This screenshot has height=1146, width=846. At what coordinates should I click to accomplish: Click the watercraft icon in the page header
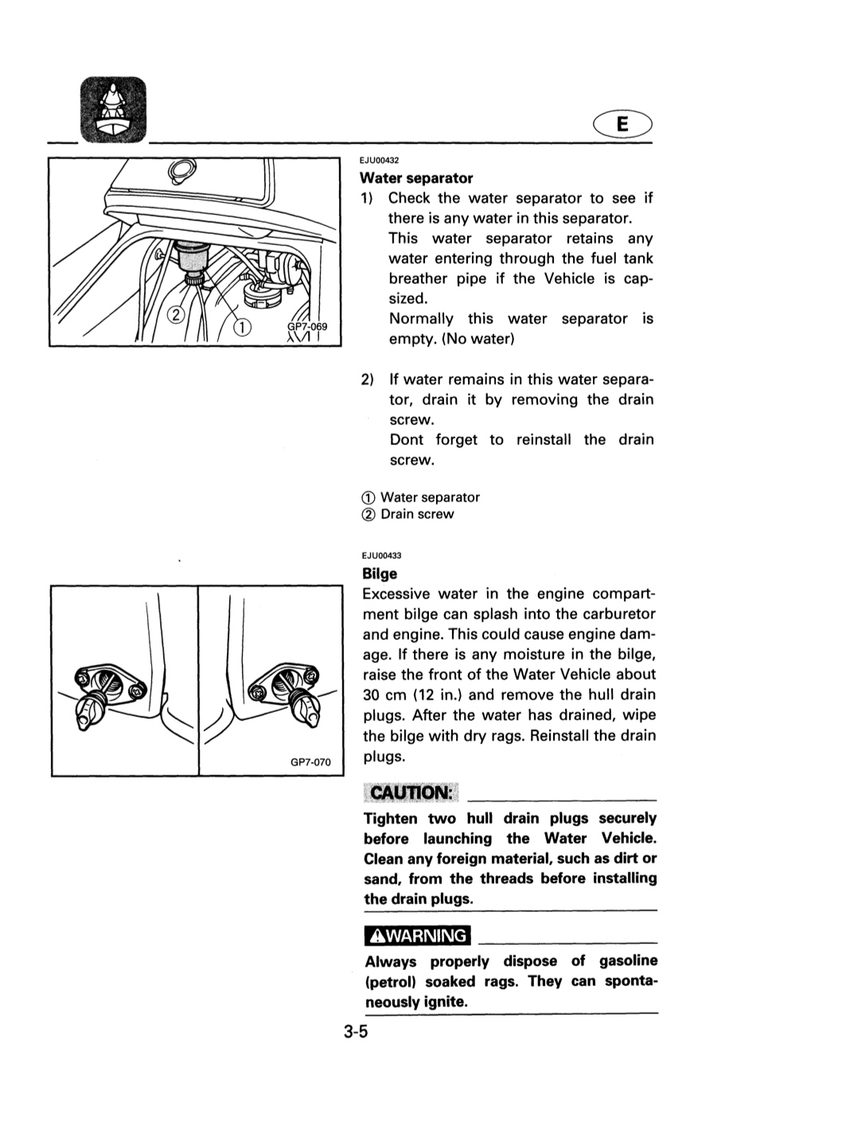pos(113,110)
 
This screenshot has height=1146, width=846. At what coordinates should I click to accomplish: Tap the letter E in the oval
pos(622,124)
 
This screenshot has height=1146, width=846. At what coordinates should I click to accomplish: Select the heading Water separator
pos(416,178)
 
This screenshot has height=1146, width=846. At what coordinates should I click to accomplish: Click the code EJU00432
pos(380,161)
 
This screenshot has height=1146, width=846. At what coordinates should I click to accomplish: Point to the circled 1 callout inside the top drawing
pos(241,328)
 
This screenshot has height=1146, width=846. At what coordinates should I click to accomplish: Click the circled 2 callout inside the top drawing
pos(176,314)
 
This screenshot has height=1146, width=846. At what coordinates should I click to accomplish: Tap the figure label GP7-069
pos(307,326)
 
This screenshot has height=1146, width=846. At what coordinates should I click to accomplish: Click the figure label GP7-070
pos(310,762)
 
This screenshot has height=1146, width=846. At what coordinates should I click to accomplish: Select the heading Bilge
pos(380,574)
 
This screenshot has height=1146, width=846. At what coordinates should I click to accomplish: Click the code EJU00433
pos(382,556)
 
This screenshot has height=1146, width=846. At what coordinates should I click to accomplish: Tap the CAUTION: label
pos(411,793)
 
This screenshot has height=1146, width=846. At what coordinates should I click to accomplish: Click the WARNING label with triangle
pos(418,935)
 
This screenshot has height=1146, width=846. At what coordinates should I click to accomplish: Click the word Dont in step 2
pos(406,439)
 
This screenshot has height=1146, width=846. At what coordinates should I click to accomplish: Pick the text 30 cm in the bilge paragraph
pos(384,695)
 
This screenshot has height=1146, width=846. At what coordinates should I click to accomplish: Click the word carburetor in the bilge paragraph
pos(619,614)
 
